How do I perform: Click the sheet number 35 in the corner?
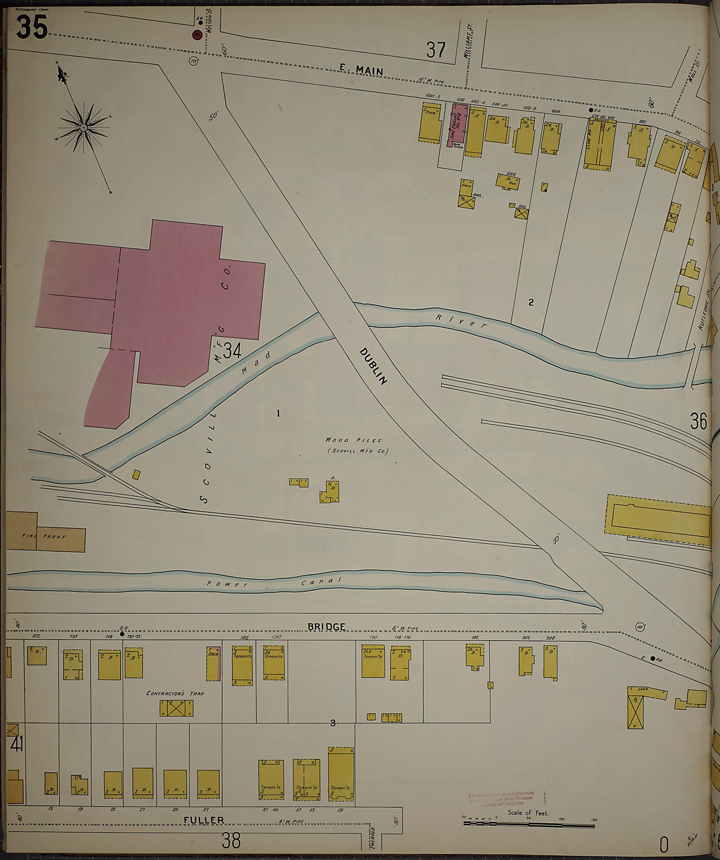pos(32,27)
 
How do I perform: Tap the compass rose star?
pos(84,127)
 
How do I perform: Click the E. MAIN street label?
pos(361,70)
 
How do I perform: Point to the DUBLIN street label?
pos(373,366)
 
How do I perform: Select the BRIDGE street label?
pos(326,627)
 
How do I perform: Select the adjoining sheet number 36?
pos(698,421)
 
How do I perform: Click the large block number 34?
pos(232,350)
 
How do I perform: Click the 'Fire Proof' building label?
pos(44,537)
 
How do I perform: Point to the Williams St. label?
pos(470,41)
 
